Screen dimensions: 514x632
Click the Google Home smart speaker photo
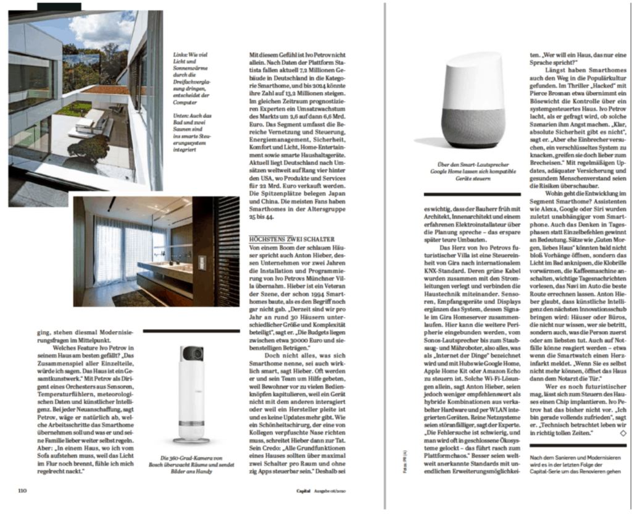(x=473, y=101)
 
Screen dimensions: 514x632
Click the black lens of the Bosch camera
(x=192, y=354)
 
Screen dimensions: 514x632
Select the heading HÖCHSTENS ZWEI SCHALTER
(x=291, y=239)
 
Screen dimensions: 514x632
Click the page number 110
(x=23, y=491)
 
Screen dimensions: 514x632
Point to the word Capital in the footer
(x=302, y=491)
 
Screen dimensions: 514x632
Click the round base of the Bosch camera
(x=191, y=439)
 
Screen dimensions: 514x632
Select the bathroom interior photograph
(x=156, y=251)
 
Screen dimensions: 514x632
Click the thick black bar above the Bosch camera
(x=191, y=331)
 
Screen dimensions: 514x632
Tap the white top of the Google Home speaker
(x=473, y=74)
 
